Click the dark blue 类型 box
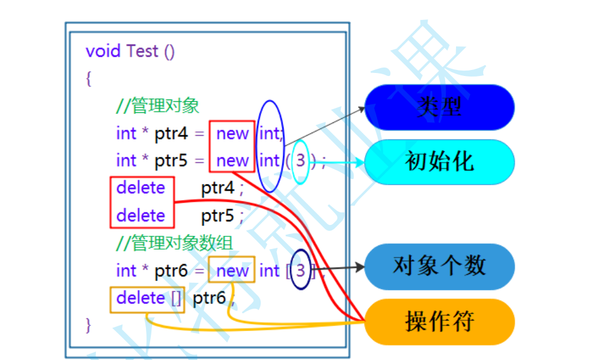click(x=439, y=107)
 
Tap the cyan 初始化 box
click(x=439, y=162)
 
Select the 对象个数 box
click(x=439, y=266)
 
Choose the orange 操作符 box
click(x=439, y=321)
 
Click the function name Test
click(x=142, y=51)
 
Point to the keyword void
click(x=104, y=51)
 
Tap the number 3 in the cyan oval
click(x=300, y=161)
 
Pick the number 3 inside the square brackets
click(x=300, y=271)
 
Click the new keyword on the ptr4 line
click(x=233, y=133)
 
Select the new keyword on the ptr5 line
click(x=233, y=161)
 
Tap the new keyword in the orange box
click(x=233, y=271)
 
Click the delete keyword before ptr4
click(x=141, y=188)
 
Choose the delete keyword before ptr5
click(x=141, y=215)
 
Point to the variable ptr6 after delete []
click(x=209, y=298)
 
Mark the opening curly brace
click(x=89, y=78)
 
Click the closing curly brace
click(x=89, y=325)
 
